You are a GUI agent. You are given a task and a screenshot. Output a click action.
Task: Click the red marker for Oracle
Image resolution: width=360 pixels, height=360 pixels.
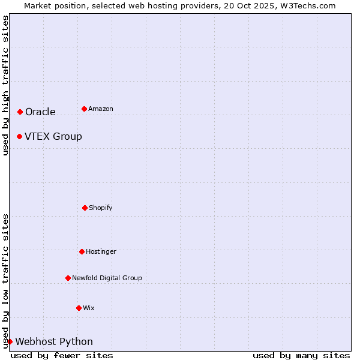click(20, 112)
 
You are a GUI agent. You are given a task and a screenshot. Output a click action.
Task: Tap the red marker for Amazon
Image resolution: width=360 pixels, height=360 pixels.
click(84, 109)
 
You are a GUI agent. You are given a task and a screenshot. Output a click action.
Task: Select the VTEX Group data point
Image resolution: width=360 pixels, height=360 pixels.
click(19, 136)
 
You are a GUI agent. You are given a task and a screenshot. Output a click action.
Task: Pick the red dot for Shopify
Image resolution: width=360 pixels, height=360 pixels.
click(85, 208)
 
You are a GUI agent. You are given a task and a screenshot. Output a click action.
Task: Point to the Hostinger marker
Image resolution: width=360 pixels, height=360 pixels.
click(82, 251)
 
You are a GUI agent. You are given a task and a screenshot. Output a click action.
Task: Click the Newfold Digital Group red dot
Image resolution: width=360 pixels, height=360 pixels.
click(68, 278)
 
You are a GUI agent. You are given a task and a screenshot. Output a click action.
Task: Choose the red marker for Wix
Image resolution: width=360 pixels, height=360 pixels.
click(79, 308)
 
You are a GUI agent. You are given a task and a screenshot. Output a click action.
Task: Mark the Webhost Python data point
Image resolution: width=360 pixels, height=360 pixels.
click(10, 341)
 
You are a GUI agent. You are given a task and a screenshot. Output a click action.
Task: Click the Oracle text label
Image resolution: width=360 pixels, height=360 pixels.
click(40, 112)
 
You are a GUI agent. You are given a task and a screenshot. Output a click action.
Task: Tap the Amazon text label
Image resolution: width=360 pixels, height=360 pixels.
click(101, 109)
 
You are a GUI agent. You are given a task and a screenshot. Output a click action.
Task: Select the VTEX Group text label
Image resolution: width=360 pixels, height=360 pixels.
click(53, 136)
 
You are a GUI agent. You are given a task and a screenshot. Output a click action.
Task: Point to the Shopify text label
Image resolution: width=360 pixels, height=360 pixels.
click(101, 208)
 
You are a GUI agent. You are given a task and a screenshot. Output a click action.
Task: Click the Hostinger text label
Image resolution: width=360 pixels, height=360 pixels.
click(101, 251)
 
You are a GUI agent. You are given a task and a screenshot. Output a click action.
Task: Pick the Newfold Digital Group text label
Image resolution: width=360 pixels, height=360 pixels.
click(107, 278)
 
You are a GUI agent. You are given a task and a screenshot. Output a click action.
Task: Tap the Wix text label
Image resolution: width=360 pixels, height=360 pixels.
click(89, 308)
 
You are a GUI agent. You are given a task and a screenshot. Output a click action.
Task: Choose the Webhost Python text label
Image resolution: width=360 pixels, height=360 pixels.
click(54, 341)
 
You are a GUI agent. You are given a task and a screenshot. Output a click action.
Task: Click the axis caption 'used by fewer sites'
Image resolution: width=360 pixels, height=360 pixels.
click(62, 355)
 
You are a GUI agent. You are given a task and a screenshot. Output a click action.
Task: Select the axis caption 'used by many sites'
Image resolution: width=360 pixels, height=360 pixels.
click(301, 355)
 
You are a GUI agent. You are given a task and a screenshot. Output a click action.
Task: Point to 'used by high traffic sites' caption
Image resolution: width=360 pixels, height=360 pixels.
click(5, 85)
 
